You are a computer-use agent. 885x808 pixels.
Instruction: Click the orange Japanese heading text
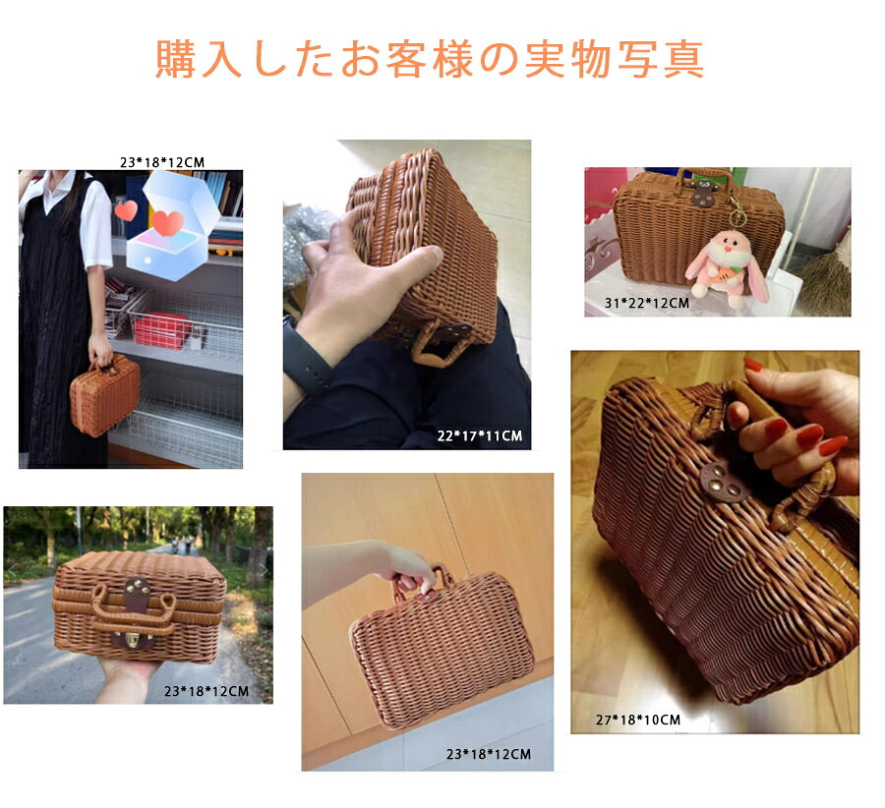(x=430, y=60)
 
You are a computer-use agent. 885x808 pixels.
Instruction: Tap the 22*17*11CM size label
(x=479, y=435)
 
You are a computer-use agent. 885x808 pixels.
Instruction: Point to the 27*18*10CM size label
(x=639, y=720)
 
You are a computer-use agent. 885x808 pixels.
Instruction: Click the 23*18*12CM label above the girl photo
(x=162, y=162)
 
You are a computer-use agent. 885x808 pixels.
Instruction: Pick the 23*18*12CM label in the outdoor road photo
(x=206, y=691)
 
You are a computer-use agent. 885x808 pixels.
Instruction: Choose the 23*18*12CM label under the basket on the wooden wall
(x=489, y=755)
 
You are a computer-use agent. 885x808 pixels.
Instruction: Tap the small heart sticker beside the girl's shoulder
(x=125, y=209)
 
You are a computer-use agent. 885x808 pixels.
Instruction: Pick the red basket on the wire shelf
(x=162, y=331)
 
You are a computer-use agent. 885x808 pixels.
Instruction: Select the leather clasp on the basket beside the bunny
(x=704, y=195)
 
